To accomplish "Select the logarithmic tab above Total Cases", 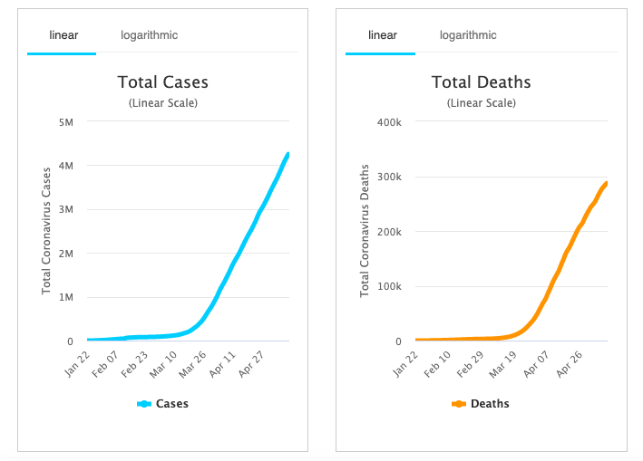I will (150, 35).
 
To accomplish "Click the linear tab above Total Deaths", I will (382, 35).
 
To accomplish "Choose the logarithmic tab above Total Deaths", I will (468, 35).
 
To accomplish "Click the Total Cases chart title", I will (163, 82).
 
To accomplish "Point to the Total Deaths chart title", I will (481, 82).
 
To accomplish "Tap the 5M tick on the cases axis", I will (67, 121).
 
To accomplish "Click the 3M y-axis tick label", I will (67, 209).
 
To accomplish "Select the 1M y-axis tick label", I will (67, 297).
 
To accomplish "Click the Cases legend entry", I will (163, 404).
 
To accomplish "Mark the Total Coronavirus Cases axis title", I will (46, 230).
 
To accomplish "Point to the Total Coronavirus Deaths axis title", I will (365, 230).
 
